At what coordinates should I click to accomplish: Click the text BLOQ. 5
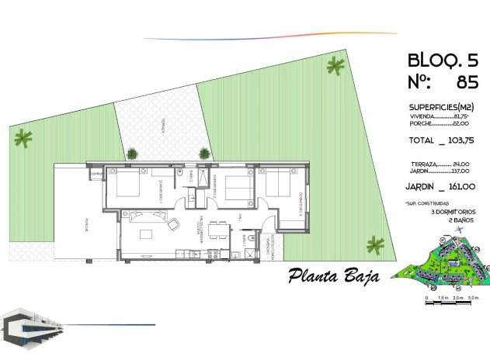pos(440,60)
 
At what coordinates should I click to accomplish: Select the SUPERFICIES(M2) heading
pos(440,107)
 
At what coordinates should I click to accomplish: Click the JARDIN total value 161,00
pos(458,186)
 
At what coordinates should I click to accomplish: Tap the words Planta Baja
pos(333,275)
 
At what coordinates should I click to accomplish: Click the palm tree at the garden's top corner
pos(335,67)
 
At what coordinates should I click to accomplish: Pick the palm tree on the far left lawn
pos(23,138)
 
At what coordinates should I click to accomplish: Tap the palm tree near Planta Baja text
pos(376,245)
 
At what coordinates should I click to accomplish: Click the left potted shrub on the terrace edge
pos(133,154)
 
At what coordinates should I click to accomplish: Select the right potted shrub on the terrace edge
pos(204,154)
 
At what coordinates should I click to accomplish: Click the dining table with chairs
pos(220,230)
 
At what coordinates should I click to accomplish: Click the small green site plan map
pos(443,267)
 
